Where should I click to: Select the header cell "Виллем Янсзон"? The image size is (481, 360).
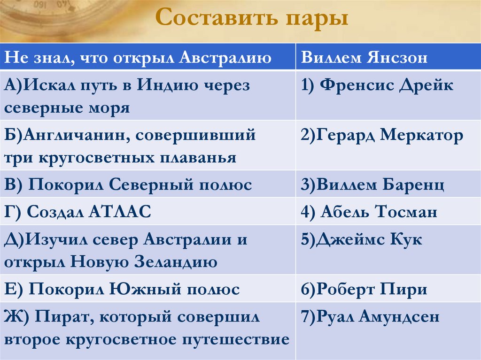point(364,58)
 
